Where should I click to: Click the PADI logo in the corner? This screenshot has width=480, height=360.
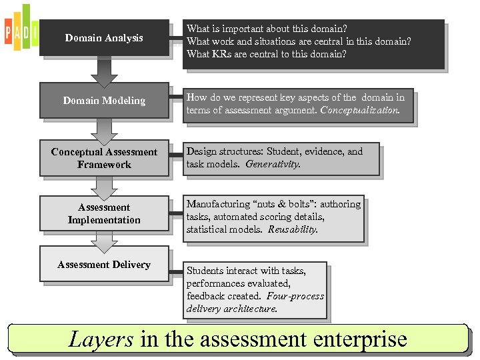pyautogui.click(x=21, y=28)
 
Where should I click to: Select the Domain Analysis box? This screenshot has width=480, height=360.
pyautogui.click(x=104, y=38)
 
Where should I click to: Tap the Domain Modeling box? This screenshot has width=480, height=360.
pyautogui.click(x=104, y=101)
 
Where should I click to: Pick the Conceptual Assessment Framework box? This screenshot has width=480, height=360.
pyautogui.click(x=104, y=159)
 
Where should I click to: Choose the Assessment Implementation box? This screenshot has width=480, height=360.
pyautogui.click(x=104, y=213)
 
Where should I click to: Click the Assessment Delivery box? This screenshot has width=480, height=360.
pyautogui.click(x=104, y=265)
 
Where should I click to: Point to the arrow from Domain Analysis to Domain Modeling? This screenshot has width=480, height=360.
pyautogui.click(x=104, y=71)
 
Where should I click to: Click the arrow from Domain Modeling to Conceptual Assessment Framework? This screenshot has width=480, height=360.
pyautogui.click(x=104, y=129)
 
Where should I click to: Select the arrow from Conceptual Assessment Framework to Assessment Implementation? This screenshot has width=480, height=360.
pyautogui.click(x=104, y=186)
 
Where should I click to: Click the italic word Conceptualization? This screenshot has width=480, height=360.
pyautogui.click(x=360, y=111)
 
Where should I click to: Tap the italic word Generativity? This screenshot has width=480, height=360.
pyautogui.click(x=273, y=164)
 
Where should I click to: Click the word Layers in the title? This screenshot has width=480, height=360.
pyautogui.click(x=101, y=339)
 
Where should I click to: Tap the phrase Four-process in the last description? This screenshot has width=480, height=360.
pyautogui.click(x=295, y=296)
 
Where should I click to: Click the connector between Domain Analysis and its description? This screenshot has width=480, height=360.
pyautogui.click(x=176, y=38)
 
